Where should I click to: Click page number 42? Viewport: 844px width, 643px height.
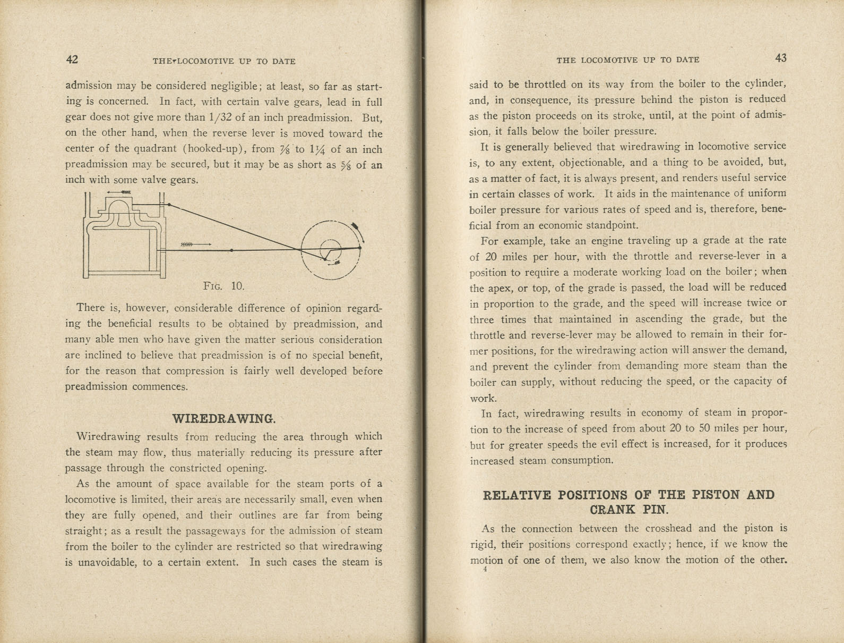(72, 59)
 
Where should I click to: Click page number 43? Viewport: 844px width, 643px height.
(780, 58)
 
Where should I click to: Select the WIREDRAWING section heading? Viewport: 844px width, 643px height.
(224, 418)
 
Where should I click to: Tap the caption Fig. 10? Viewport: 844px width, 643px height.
(223, 286)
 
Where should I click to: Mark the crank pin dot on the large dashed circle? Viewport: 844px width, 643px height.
(359, 247)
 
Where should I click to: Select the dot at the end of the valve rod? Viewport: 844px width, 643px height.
(169, 205)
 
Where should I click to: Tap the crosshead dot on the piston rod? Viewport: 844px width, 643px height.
(231, 250)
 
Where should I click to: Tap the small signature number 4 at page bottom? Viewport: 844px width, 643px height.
(485, 570)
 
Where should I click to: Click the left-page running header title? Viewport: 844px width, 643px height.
(223, 61)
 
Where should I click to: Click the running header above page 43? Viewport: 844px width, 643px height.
(627, 60)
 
